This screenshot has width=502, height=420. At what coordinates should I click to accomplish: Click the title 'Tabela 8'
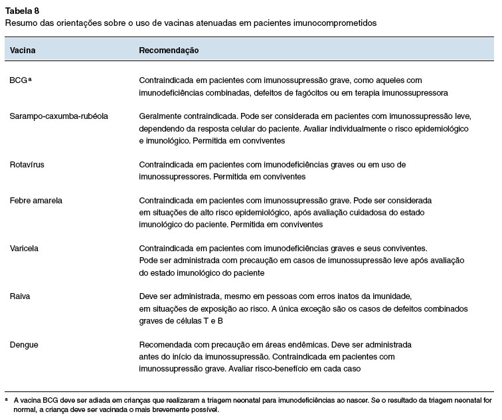21,9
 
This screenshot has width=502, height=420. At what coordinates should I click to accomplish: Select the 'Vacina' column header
23,51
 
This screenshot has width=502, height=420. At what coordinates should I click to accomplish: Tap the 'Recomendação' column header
169,51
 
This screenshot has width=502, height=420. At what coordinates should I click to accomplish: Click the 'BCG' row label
18,80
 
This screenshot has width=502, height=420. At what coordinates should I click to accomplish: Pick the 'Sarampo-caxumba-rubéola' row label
58,116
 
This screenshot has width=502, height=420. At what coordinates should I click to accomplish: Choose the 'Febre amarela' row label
35,200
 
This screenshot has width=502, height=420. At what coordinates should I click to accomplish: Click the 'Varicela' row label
24,249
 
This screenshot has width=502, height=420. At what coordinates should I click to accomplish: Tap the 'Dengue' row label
23,345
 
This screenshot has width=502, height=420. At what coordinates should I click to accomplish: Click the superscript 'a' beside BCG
31,78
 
